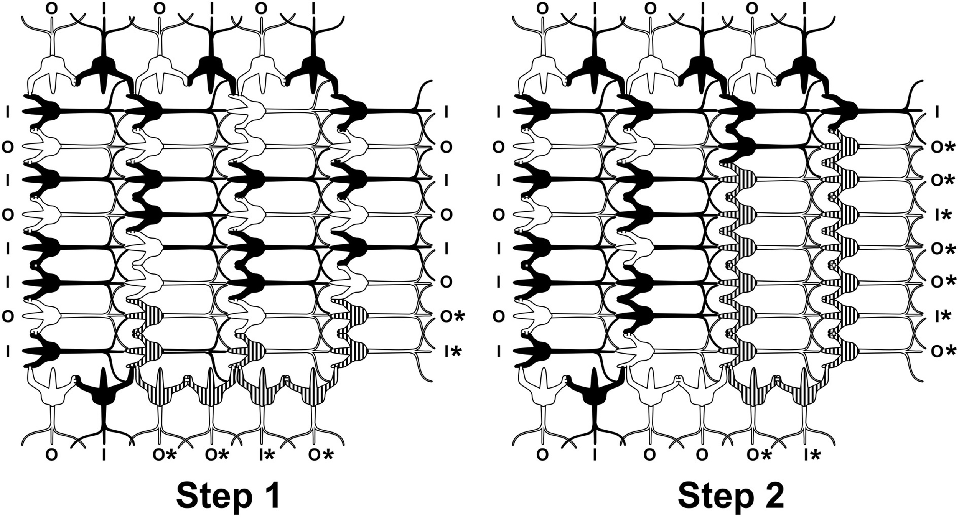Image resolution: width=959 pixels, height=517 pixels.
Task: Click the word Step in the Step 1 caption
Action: point(208,496)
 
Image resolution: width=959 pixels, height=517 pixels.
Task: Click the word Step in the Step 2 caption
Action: point(710,496)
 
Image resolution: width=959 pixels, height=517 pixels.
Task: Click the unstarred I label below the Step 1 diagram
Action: point(104,455)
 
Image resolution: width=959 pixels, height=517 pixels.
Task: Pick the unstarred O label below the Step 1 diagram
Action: point(52,455)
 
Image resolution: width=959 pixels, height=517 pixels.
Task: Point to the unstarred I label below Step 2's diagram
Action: point(595,455)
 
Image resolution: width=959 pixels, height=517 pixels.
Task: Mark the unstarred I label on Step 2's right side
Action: point(938,112)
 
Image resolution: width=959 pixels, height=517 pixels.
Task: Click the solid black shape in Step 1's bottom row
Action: point(104,399)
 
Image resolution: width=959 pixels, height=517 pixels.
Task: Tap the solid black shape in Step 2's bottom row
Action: point(595,399)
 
